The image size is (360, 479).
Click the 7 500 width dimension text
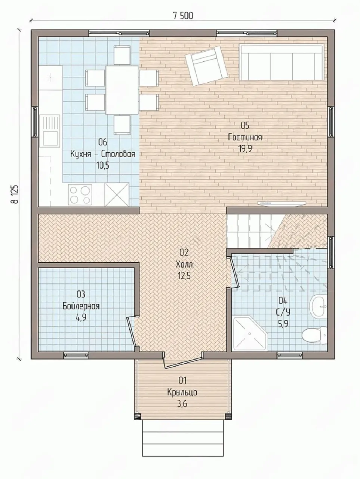pos(183,16)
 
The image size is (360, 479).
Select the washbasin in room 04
pos(319,306)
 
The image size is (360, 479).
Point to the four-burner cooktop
pos(80,195)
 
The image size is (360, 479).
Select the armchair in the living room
pos(206,65)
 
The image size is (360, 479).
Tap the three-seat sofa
pos(281,62)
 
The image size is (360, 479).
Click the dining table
pos(122,90)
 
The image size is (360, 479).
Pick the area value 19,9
pos(246,149)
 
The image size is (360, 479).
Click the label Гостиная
pos(245,137)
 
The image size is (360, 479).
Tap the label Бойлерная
pos(81,306)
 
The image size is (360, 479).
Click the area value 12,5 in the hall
pos(184,276)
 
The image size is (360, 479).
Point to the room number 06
pos(103,143)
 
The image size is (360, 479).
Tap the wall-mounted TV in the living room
pos(280,203)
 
